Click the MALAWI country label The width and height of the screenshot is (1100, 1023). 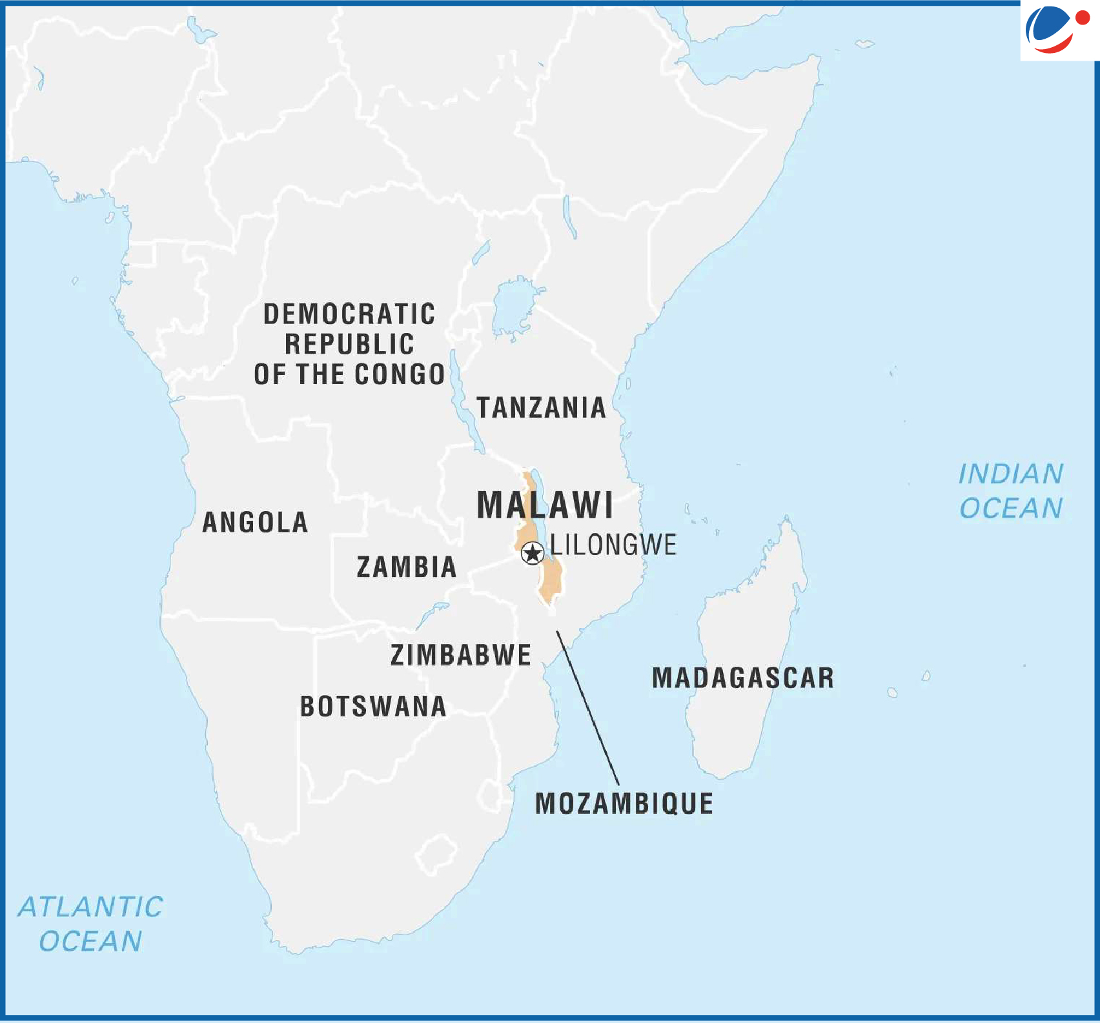click(545, 505)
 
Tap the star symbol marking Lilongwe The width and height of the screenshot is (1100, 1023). click(533, 553)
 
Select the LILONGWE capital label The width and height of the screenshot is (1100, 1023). click(613, 545)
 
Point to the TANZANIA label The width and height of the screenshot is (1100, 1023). click(541, 408)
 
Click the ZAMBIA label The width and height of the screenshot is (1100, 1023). click(407, 567)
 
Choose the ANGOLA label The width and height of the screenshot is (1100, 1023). click(255, 523)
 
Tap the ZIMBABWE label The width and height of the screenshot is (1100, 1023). click(461, 656)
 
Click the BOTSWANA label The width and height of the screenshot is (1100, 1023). click(373, 707)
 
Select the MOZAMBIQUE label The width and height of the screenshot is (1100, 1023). click(624, 804)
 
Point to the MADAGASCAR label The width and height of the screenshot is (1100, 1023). click(743, 678)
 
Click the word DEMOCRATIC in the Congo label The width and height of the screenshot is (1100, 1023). click(349, 314)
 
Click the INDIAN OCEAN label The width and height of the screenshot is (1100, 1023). click(1011, 491)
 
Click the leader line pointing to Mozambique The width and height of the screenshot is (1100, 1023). click(587, 707)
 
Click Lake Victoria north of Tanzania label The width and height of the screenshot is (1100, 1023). click(513, 307)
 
